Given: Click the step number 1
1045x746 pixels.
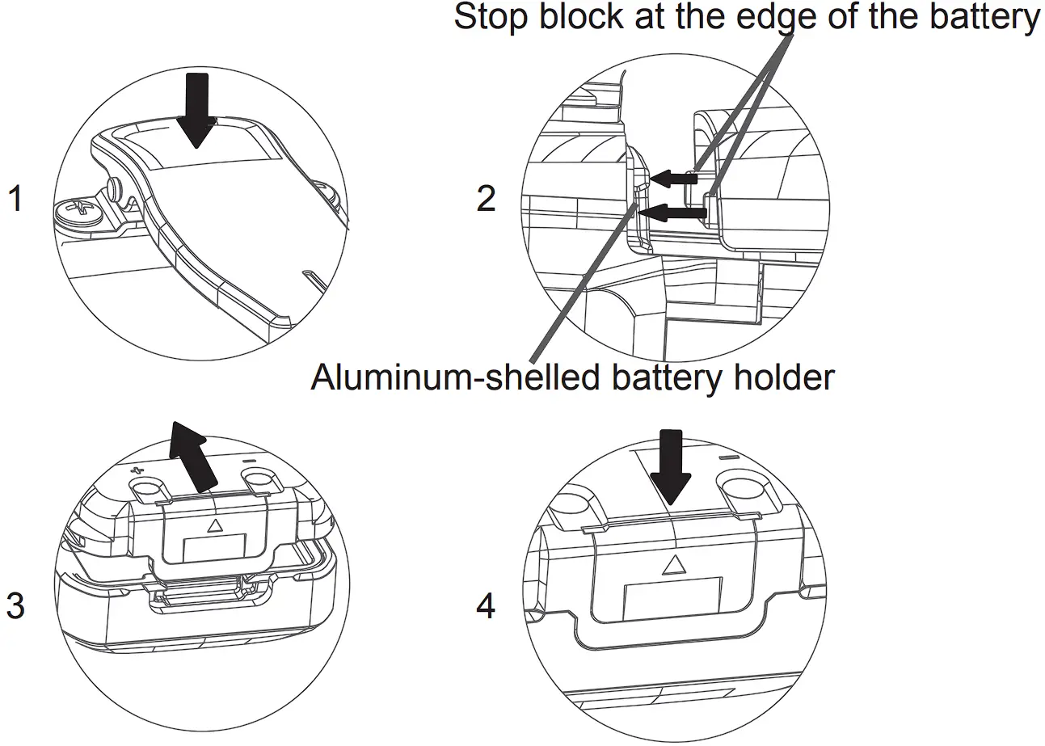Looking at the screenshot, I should [14, 199].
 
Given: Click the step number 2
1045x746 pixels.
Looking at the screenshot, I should [485, 199].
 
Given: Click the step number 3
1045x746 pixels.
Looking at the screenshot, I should [14, 605].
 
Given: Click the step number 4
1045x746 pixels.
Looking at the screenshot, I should [485, 605].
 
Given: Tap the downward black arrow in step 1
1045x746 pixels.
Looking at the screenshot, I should [196, 108].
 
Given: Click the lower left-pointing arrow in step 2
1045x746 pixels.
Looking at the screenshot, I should [672, 213].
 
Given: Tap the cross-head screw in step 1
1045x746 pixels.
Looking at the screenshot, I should [78, 213].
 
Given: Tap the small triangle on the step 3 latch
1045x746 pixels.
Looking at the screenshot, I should [214, 525].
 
